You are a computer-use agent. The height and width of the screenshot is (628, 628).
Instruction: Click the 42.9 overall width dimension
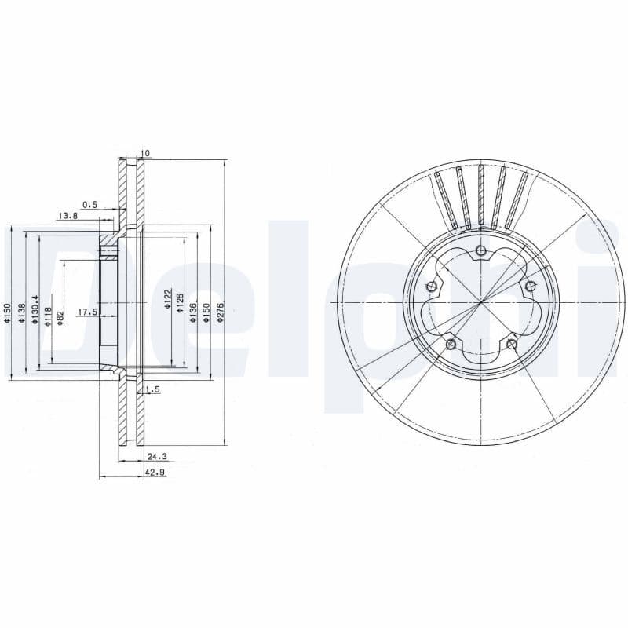[x=153, y=473]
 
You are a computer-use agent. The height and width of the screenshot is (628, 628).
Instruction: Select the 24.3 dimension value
[x=156, y=456]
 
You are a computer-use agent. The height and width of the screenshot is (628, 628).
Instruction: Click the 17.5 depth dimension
[x=86, y=312]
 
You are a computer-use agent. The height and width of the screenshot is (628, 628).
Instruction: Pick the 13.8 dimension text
[x=68, y=215]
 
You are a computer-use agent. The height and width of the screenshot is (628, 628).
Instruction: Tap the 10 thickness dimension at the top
[x=144, y=153]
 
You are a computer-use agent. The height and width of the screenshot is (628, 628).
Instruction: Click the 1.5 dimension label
[x=152, y=390]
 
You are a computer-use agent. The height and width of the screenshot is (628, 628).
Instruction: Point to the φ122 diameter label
[x=167, y=299]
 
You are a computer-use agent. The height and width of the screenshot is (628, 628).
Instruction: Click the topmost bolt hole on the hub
[x=480, y=251]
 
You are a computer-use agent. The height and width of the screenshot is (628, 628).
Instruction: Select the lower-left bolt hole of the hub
[x=450, y=344]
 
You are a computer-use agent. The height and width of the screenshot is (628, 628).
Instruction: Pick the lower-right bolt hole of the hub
[x=512, y=343]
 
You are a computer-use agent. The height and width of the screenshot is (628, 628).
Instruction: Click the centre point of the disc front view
[x=480, y=302]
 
